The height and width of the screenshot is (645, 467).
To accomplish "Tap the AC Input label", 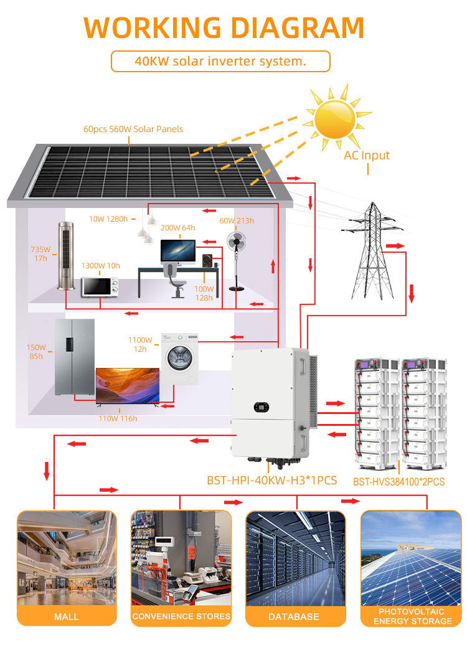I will pyautogui.click(x=367, y=155).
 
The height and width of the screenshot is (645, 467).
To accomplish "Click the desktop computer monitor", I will pyautogui.click(x=178, y=252).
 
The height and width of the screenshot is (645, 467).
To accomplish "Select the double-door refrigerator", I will pyautogui.click(x=74, y=356).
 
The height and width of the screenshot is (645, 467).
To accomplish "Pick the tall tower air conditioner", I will pyautogui.click(x=65, y=256).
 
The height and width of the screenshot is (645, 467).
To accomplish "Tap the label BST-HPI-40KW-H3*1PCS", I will pyautogui.click(x=271, y=481).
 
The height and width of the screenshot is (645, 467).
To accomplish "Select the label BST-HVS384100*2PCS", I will pyautogui.click(x=399, y=481).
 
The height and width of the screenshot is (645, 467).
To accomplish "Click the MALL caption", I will pyautogui.click(x=67, y=616).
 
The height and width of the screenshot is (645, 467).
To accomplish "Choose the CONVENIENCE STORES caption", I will pyautogui.click(x=181, y=616).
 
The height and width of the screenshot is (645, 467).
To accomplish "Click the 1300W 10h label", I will pyautogui.click(x=100, y=265).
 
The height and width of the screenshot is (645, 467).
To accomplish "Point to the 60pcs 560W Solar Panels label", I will pyautogui.click(x=133, y=129).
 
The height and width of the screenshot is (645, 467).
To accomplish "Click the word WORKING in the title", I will pyautogui.click(x=149, y=27).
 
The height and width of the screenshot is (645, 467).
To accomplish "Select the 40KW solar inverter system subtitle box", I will pyautogui.click(x=220, y=62).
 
